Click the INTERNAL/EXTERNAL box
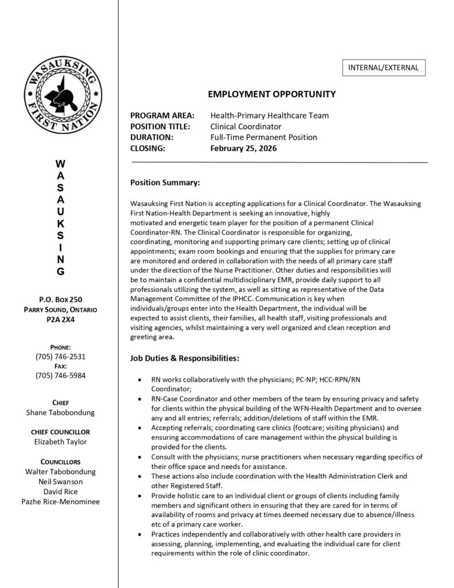point(384,68)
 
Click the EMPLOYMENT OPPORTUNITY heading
point(271,94)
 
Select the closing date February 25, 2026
point(243,148)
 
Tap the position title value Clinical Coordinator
point(246,126)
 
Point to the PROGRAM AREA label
point(162,115)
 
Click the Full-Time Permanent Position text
point(263,137)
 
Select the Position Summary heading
point(165,183)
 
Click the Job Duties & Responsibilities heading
point(185,358)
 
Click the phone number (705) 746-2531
point(61,357)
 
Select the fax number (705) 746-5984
point(61,376)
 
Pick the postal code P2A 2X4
point(61,320)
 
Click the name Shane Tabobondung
point(61,412)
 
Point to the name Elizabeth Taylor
point(61,442)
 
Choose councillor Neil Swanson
point(61,481)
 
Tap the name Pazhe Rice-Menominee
point(61,501)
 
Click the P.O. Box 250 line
point(61,300)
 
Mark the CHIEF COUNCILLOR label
point(61,431)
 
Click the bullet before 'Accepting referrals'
point(142,428)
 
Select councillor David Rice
point(61,492)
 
